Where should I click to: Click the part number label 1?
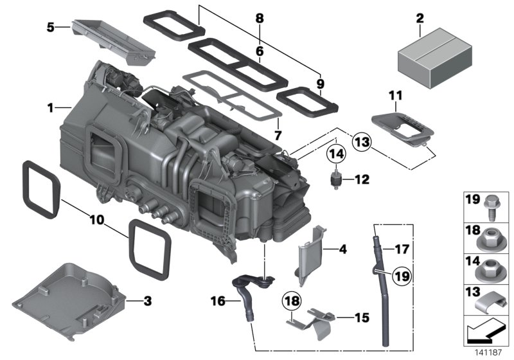click(49, 108)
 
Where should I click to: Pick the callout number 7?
click(278, 136)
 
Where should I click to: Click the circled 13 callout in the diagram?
click(362, 142)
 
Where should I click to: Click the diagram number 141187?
click(488, 352)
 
